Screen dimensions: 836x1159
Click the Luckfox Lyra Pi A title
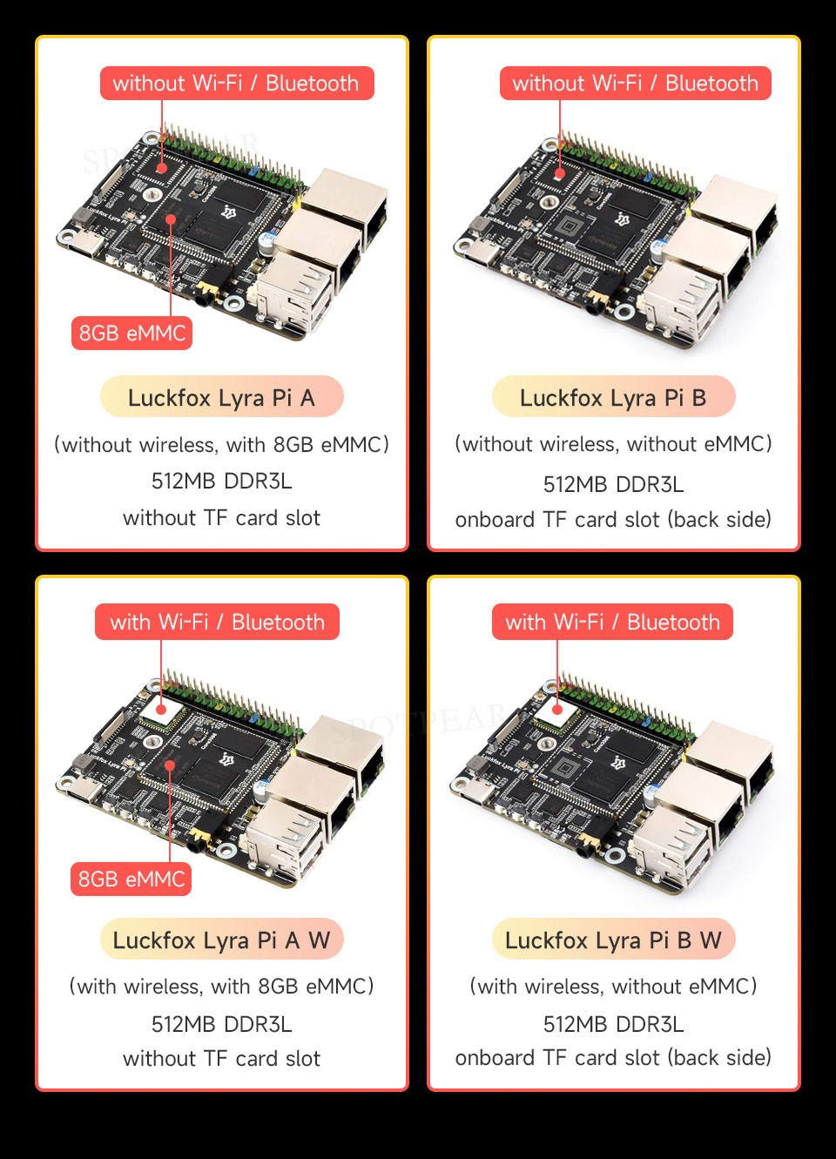point(221,397)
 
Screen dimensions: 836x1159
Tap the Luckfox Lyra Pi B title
point(613,397)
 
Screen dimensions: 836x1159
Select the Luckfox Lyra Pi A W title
point(221,939)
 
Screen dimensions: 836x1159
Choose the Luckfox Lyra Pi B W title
point(613,939)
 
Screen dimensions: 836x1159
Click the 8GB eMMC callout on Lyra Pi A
point(131,333)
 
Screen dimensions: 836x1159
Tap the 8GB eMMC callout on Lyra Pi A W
point(131,879)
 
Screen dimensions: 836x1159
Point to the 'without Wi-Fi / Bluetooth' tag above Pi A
point(237,83)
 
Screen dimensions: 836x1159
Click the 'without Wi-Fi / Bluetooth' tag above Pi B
point(636,83)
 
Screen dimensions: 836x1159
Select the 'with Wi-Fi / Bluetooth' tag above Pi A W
point(218,622)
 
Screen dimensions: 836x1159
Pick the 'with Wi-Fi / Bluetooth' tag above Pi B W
point(612,622)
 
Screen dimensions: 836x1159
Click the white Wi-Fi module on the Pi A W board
point(162,711)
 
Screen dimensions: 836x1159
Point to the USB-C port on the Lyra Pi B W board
point(477,795)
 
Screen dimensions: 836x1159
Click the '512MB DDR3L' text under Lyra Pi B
point(613,484)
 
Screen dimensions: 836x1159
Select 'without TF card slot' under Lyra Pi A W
point(221,1059)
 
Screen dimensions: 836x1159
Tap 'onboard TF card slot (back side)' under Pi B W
point(613,1058)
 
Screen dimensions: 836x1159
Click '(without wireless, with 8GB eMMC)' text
point(221,444)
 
